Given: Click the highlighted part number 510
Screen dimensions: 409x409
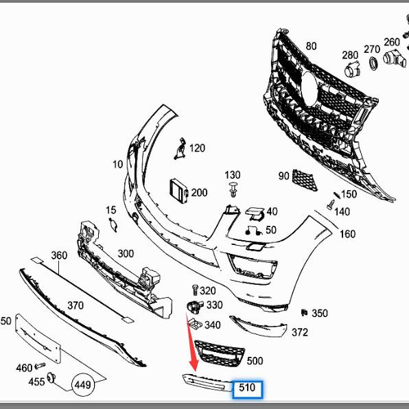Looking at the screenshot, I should click(247, 388).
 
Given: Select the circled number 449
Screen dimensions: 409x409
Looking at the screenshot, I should click(82, 385).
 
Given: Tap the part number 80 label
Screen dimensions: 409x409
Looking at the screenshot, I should click(312, 46).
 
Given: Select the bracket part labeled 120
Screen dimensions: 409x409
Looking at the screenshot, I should click(180, 148).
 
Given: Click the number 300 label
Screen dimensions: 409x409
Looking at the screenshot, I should click(126, 253).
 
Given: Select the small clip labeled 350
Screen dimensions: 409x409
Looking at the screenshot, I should click(304, 312).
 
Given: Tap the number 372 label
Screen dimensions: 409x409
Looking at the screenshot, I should click(300, 333).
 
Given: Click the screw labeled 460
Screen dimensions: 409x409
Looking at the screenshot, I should click(39, 368).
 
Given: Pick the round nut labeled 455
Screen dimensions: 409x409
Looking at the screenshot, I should click(51, 379).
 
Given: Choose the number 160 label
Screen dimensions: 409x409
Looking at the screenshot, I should click(348, 234).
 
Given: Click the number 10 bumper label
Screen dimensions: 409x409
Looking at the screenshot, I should click(117, 165).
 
